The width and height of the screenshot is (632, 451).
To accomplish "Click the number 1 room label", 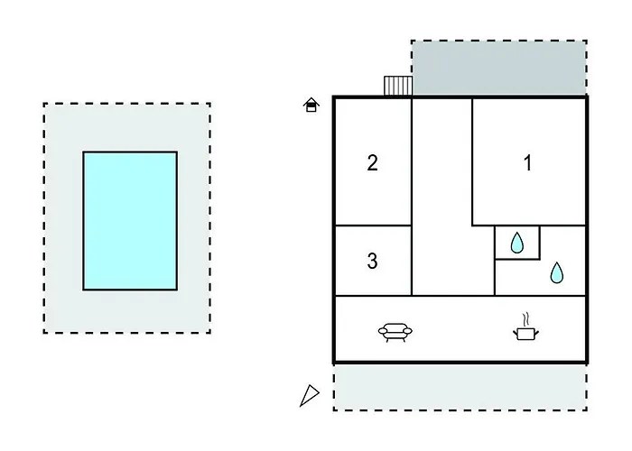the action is pyautogui.click(x=527, y=163).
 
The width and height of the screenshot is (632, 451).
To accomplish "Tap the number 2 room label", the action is pyautogui.click(x=372, y=162).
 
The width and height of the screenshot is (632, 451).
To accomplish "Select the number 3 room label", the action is pyautogui.click(x=372, y=261).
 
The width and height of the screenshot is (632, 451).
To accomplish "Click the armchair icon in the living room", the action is pyautogui.click(x=395, y=332).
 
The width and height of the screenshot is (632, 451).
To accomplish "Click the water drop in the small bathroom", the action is pyautogui.click(x=516, y=243).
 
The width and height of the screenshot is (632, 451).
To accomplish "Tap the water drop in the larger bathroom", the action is pyautogui.click(x=557, y=272).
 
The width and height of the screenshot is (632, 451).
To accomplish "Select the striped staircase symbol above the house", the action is pyautogui.click(x=398, y=86).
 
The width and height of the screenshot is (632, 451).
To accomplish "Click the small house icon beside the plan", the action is pyautogui.click(x=311, y=105).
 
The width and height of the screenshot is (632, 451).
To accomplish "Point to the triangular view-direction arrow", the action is pyautogui.click(x=310, y=395).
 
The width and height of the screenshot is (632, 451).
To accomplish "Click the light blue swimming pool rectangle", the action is pyautogui.click(x=130, y=221).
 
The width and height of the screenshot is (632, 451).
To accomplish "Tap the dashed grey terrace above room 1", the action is pyautogui.click(x=499, y=68).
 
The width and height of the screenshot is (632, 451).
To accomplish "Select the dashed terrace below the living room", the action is pyautogui.click(x=460, y=387).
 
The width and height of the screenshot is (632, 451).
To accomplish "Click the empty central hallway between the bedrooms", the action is pyautogui.click(x=442, y=198).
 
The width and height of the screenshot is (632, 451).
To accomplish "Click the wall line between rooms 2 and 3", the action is pyautogui.click(x=373, y=225).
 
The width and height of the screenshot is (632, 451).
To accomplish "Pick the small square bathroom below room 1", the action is pyautogui.click(x=517, y=243).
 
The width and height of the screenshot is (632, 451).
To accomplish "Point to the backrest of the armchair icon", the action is pyautogui.click(x=395, y=326).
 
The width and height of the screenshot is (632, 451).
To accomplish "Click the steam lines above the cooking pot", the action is pyautogui.click(x=525, y=319).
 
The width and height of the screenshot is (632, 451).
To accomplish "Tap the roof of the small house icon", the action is pyautogui.click(x=311, y=101).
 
